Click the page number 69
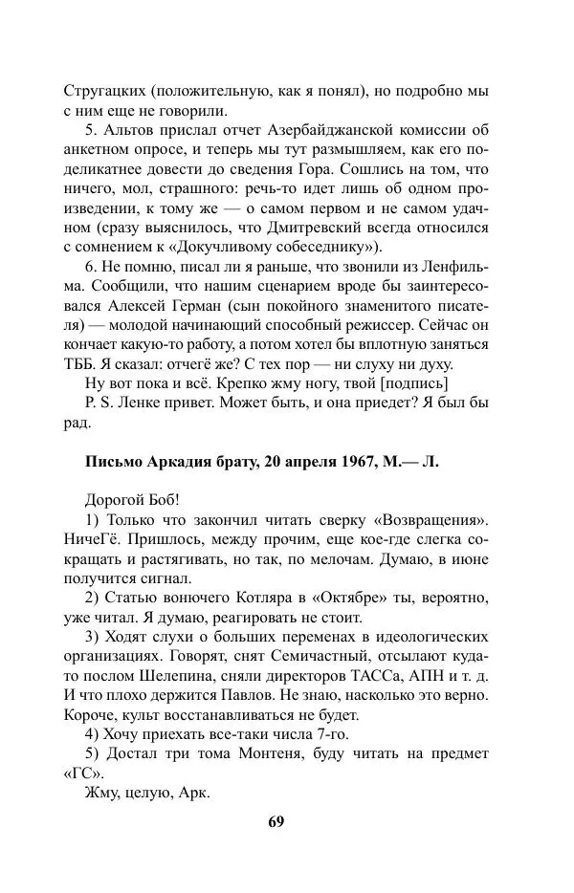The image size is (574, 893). [276, 821]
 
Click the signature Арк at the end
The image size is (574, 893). [198, 793]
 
